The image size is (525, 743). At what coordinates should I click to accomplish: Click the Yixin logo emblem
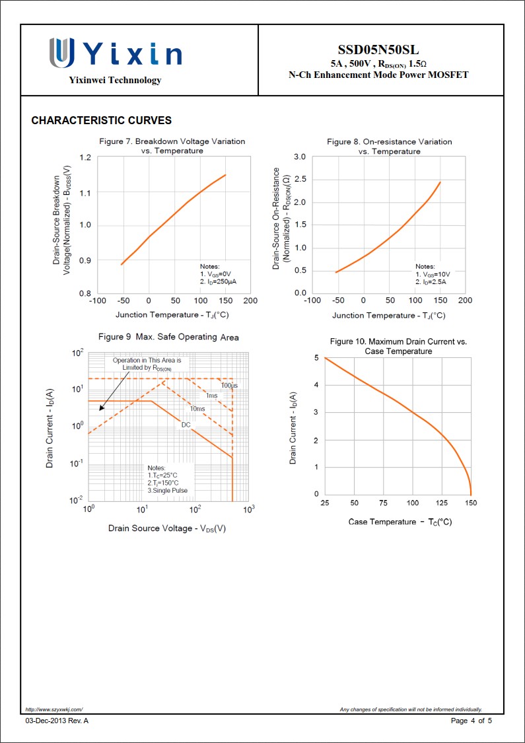tap(61, 52)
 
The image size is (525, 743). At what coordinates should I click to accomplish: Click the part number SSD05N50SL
tap(378, 50)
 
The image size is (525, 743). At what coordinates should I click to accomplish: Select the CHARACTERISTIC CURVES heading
tap(102, 120)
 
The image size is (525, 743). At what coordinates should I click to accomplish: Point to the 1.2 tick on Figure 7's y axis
tap(85, 157)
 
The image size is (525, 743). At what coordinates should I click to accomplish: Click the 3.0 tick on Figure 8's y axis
tap(299, 157)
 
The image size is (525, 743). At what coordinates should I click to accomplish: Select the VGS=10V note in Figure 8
tap(433, 273)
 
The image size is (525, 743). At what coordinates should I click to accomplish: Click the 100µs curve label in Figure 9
tap(229, 385)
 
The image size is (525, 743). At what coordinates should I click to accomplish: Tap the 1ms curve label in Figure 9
tap(211, 395)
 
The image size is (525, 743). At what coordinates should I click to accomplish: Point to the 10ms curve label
tap(197, 409)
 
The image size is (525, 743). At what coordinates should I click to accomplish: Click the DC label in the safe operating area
tap(186, 424)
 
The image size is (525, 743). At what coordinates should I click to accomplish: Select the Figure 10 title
tap(398, 346)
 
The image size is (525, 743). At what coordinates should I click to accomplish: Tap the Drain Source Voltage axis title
tap(167, 528)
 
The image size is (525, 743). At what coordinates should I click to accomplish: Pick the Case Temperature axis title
tap(400, 522)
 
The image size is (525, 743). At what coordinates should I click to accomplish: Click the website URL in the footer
tap(54, 709)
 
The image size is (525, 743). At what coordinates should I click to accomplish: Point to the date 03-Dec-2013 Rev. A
tap(57, 721)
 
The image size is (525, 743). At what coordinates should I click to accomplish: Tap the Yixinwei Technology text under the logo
tap(115, 80)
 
